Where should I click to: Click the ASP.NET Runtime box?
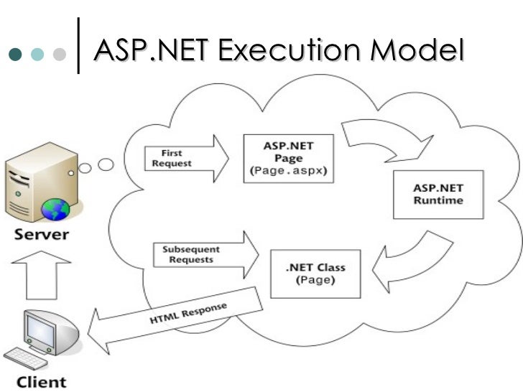(x=438, y=193)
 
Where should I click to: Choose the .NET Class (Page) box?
(x=315, y=273)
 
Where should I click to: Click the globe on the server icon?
(x=56, y=209)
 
